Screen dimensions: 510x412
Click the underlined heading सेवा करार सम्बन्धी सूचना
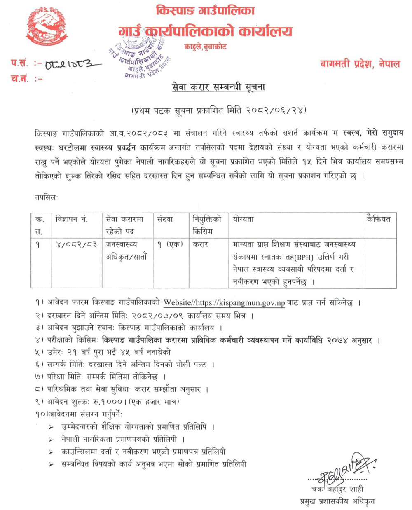218,87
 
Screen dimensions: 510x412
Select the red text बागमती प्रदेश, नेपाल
360,64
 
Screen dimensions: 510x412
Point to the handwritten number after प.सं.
69,65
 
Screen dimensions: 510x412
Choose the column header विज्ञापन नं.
72,219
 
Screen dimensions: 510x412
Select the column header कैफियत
379,219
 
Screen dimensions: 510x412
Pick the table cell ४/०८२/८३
76,244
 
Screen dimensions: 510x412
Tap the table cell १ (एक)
169,244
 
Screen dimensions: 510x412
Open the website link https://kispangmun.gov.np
240,303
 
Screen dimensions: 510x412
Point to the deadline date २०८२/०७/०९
158,316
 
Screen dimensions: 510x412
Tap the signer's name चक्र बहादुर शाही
338,489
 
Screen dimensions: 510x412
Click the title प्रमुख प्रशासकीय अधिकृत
337,501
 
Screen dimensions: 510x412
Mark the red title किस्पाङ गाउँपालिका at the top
205,11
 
